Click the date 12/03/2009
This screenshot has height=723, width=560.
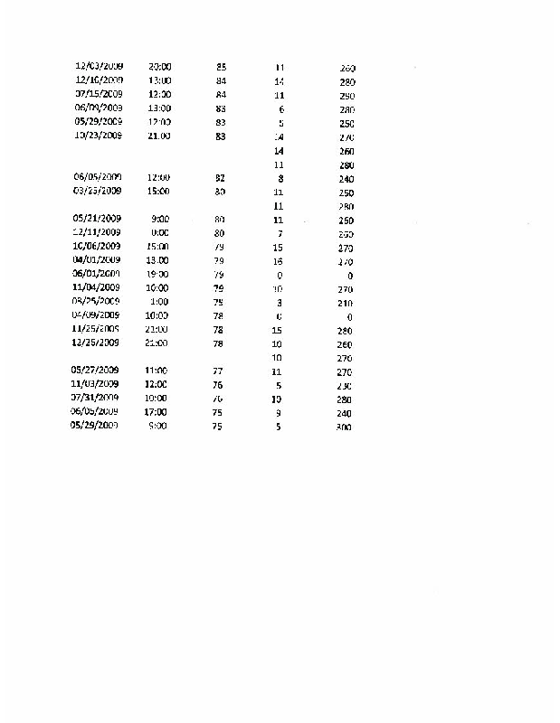[x=99, y=67]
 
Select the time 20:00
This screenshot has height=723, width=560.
[x=160, y=67]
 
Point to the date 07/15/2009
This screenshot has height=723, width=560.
[x=99, y=94]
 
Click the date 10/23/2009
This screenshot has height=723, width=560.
[x=99, y=136]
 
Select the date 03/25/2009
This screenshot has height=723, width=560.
[x=97, y=192]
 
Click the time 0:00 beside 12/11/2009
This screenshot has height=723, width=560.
[x=162, y=233]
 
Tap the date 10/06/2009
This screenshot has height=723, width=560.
[x=97, y=246]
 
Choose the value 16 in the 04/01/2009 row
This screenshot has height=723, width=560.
[x=278, y=260]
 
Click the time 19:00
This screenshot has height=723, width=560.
[x=158, y=274]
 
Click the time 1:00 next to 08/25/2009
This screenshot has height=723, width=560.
[x=160, y=301]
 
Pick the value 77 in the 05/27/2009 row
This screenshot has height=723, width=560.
[x=217, y=371]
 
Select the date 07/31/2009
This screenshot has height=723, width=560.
[x=95, y=398]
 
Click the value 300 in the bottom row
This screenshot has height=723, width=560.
[x=344, y=427]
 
